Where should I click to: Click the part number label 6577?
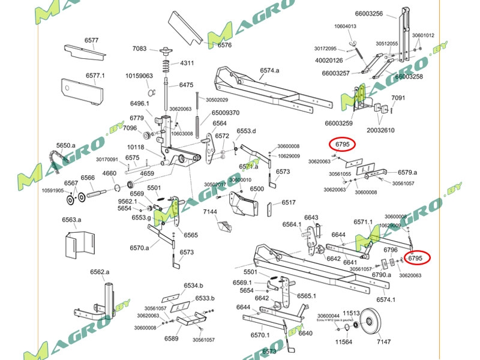coord(91,40)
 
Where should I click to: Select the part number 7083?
coord(139,48)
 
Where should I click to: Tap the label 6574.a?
coord(269,70)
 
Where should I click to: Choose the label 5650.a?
coord(66,145)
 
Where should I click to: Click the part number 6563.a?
coord(71,220)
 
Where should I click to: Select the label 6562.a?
coord(100,272)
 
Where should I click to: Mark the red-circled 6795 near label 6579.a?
coord(343,145)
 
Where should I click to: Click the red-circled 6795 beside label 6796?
coord(415,258)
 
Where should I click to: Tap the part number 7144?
coord(210,212)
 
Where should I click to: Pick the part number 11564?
coord(343,342)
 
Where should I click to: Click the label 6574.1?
coord(386,299)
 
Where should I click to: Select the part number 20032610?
coord(381,130)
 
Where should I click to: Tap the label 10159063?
coord(139,76)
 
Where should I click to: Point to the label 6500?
coord(257,188)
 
